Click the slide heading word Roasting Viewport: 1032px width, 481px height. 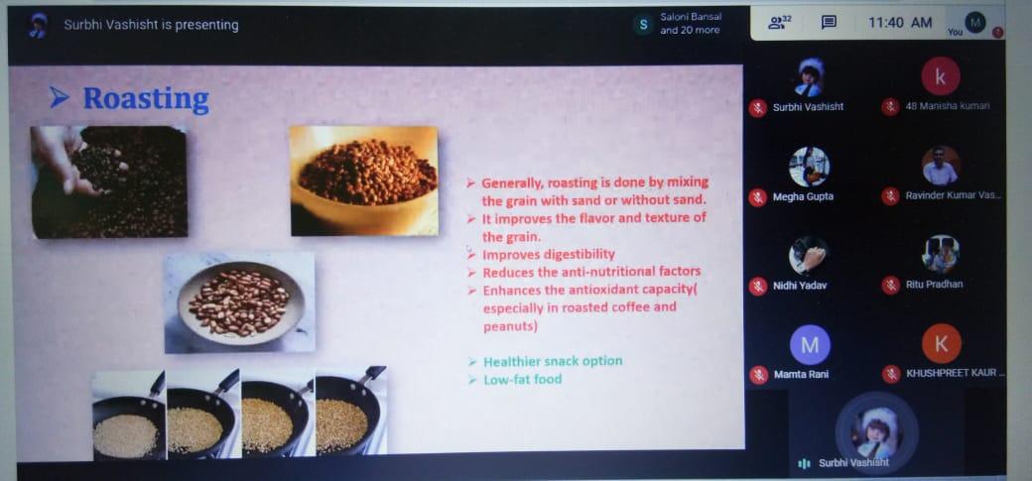coord(146,99)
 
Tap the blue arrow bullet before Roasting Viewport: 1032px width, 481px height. coord(60,98)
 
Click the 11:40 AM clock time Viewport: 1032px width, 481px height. coord(900,23)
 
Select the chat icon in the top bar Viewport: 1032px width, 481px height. coord(829,23)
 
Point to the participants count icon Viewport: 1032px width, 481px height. coord(779,23)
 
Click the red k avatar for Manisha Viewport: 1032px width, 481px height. coord(940,77)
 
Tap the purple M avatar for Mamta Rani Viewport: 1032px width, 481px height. coord(810,345)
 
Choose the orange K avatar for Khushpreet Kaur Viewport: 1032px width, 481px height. coord(941,343)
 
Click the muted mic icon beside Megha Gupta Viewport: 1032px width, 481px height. coord(757,196)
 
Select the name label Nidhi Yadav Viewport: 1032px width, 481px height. coord(800,286)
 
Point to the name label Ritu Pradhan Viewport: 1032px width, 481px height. coord(934,285)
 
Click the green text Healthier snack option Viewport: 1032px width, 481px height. coord(552,361)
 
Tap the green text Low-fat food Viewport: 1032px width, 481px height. coord(523,379)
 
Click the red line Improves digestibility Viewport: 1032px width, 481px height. coord(548,255)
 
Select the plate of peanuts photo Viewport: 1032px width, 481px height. coord(239,302)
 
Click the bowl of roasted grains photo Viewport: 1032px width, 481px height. coord(364,180)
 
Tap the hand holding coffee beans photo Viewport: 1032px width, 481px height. coord(109,181)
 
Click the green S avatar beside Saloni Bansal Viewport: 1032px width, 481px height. coord(643,25)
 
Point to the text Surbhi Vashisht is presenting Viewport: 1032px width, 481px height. coord(152,25)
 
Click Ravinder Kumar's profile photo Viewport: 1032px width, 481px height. coord(940,166)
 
